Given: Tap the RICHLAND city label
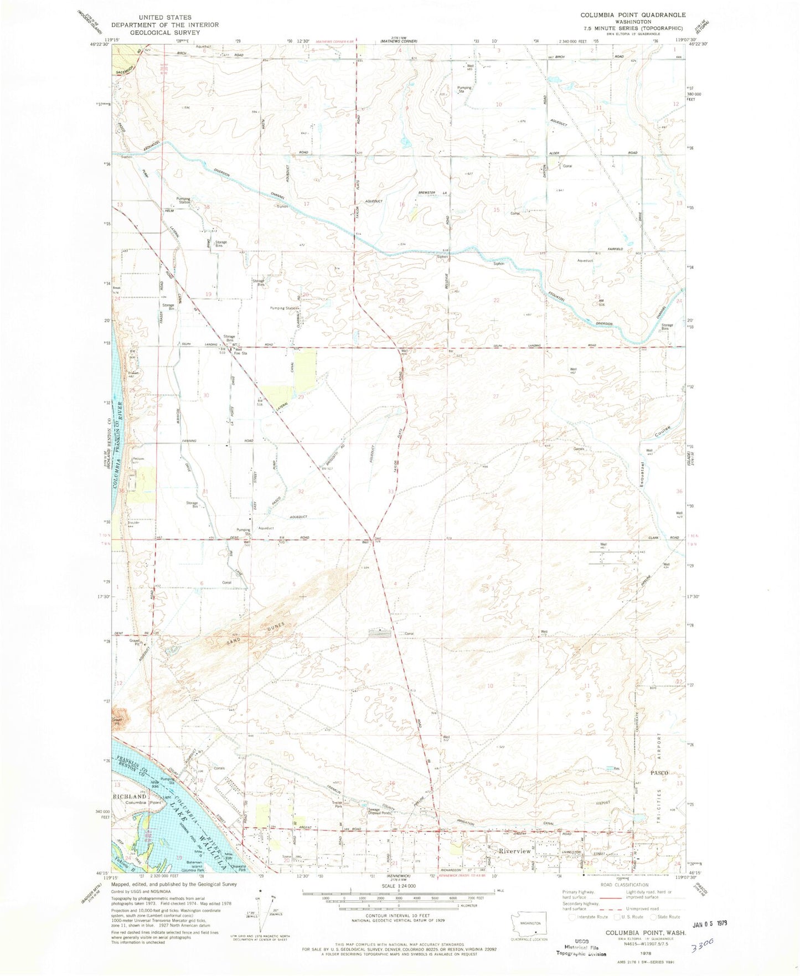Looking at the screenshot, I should tap(130, 796).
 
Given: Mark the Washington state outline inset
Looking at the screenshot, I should tap(530, 923).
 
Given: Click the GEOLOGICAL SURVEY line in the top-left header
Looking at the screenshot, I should tap(165, 32).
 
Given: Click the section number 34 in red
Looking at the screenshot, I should tap(494, 495).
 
